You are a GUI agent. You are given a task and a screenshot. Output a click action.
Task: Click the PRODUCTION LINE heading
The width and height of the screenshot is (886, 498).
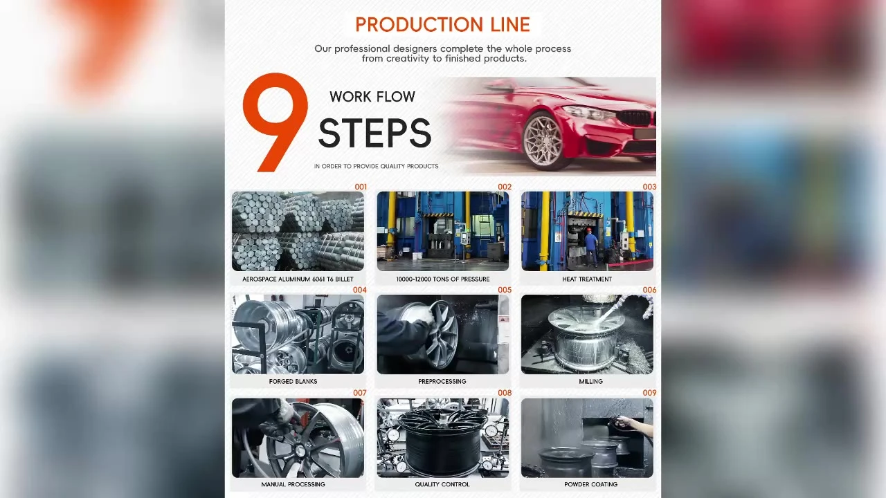point(442,24)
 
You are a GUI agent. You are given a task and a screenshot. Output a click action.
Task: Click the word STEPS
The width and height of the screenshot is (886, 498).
point(375,133)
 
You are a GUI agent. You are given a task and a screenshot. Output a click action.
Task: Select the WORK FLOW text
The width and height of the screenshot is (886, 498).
point(372,97)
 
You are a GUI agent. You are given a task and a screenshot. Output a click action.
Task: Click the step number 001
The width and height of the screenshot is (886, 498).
point(361,187)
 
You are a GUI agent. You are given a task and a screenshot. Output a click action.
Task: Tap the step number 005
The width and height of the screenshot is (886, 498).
point(505,290)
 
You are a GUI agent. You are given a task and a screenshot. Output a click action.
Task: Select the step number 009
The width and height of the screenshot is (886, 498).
point(649,393)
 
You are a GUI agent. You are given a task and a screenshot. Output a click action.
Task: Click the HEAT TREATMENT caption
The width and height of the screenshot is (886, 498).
point(587,279)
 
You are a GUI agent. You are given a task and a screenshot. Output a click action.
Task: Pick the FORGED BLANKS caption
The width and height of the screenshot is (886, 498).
point(293,381)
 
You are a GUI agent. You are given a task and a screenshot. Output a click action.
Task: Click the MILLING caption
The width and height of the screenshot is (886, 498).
point(591,381)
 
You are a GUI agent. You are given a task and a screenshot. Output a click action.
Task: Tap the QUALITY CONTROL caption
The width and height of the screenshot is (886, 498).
point(442,484)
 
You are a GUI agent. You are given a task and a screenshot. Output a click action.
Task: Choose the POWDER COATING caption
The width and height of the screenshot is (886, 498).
point(591,484)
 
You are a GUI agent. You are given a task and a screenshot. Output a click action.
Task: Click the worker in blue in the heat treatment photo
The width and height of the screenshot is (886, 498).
point(591,247)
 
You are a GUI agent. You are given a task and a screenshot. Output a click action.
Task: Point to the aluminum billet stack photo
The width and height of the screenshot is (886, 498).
point(298,231)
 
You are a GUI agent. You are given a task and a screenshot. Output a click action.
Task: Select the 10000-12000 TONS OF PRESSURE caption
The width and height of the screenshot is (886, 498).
point(443,279)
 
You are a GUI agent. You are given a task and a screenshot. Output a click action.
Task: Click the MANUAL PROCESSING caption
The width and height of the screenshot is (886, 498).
point(293,484)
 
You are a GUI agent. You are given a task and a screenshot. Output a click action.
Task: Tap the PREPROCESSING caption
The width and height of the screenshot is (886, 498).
point(442,381)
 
